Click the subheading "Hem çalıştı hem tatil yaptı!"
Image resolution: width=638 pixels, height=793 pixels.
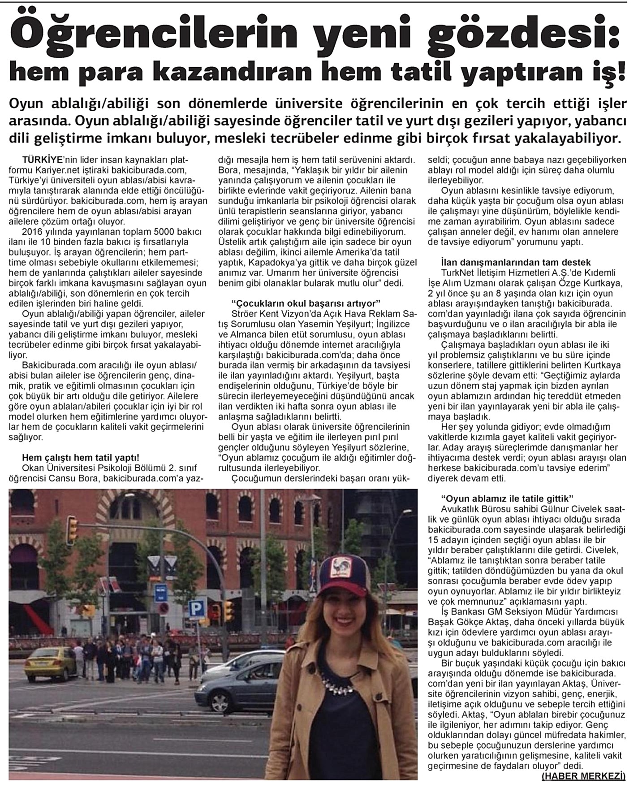click(81, 458)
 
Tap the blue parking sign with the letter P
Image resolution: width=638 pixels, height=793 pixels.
click(196, 608)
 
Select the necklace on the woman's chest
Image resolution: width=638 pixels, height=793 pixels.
click(341, 685)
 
